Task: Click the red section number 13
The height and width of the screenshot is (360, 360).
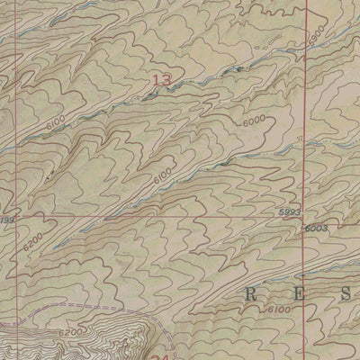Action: (x=161, y=81)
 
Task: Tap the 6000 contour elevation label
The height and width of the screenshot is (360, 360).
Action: (x=255, y=121)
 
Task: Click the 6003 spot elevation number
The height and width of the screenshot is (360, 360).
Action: (x=315, y=229)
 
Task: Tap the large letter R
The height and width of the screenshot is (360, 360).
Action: (x=252, y=292)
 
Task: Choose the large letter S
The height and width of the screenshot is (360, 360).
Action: (x=346, y=292)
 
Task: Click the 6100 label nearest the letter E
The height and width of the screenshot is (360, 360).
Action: (x=278, y=310)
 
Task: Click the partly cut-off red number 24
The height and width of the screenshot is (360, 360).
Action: (x=163, y=356)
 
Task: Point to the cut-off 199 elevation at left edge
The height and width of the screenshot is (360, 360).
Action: (x=7, y=219)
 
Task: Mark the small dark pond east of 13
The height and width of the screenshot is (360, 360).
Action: (x=239, y=68)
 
